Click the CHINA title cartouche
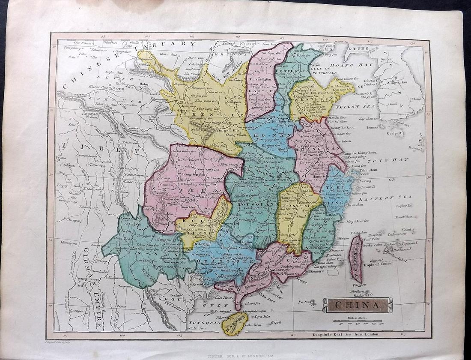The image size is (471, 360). point(357,305)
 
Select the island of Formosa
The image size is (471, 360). point(356,259)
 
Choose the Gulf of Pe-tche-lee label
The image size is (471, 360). point(330,70)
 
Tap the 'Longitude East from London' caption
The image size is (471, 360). point(340,333)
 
